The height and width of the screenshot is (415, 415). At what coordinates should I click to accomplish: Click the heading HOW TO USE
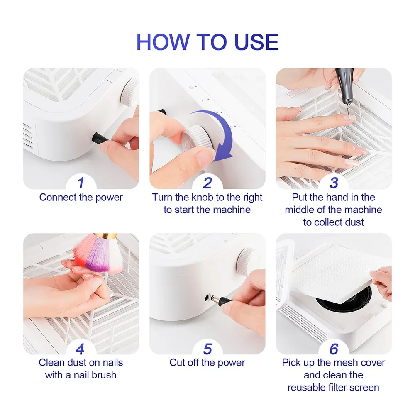point(207,42)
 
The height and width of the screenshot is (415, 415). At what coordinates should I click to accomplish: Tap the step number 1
point(81,183)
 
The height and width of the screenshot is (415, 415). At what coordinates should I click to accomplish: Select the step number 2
point(207,183)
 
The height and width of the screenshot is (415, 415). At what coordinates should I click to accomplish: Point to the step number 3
point(334,183)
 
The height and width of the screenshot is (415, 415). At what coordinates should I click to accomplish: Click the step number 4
point(81,348)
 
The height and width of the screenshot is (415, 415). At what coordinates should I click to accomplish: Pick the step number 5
point(207,348)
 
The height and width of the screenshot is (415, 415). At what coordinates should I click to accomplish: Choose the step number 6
point(334,348)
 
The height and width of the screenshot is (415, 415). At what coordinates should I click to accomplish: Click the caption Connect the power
point(81,198)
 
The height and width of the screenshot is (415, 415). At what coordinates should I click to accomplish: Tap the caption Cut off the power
point(207,363)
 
